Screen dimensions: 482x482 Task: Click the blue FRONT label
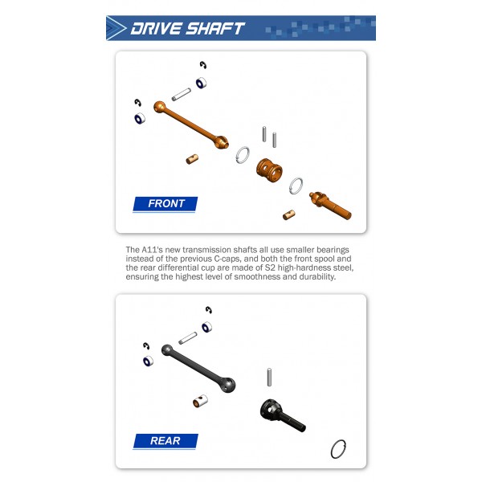pos(165,204)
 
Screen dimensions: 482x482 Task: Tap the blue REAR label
pos(165,441)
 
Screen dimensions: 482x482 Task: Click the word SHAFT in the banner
pos(215,29)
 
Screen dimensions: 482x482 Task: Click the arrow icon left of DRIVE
pos(116,28)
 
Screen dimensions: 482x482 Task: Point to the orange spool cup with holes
pos(269,170)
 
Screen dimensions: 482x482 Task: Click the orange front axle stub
pos(330,205)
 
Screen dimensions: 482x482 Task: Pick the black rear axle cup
pos(282,415)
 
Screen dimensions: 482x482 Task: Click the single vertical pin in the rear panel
pos(269,377)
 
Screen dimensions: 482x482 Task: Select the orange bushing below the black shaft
pos(200,401)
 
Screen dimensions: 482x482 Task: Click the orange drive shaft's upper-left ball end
pos(160,107)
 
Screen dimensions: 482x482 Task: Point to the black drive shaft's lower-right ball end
pos(228,385)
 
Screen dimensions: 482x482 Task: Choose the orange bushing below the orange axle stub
pos(288,214)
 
